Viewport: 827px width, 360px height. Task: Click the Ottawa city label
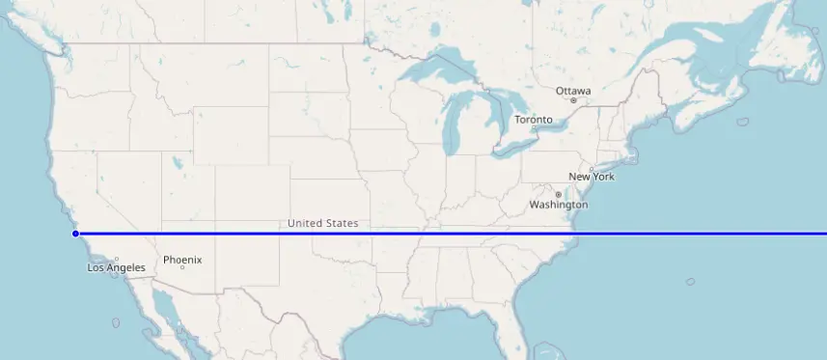click(573, 91)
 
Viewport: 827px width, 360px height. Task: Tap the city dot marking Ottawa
click(573, 100)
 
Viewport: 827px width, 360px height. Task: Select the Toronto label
click(534, 120)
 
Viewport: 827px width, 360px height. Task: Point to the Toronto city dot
click(534, 128)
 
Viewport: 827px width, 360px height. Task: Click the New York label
click(592, 177)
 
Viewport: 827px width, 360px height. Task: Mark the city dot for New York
click(592, 169)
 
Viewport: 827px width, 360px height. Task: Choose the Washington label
click(558, 206)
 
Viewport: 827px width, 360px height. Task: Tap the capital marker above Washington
click(558, 195)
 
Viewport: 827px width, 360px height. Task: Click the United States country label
click(323, 223)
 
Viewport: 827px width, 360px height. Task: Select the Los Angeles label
click(116, 267)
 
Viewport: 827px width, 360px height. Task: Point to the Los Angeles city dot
click(116, 259)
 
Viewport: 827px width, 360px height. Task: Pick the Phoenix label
click(181, 259)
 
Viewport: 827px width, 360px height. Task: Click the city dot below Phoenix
click(181, 267)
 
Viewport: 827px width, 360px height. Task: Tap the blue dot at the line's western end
click(75, 234)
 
